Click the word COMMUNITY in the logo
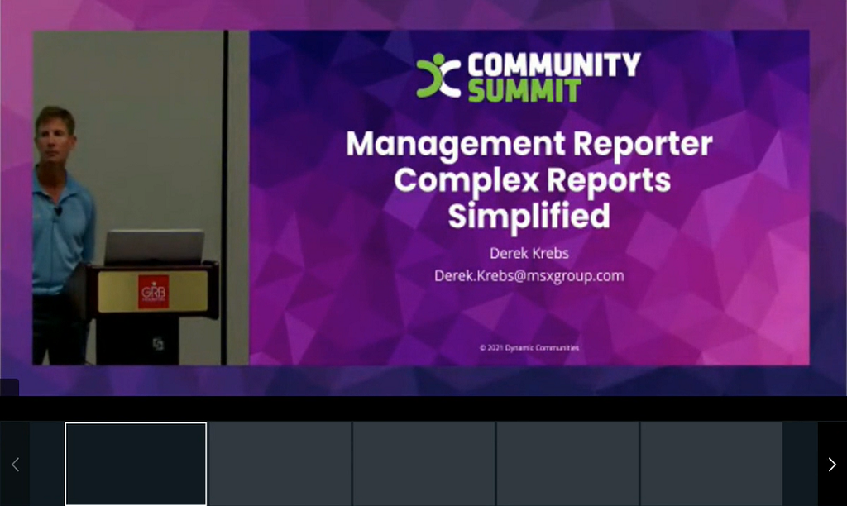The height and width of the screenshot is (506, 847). [553, 64]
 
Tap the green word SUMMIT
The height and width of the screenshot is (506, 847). [524, 90]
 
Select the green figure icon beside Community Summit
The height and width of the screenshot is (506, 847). [438, 76]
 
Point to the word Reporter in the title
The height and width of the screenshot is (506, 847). [642, 144]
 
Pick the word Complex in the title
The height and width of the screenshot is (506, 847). [462, 179]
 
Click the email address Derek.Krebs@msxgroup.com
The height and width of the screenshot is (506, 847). [529, 275]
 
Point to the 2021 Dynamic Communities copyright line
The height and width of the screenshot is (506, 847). [529, 347]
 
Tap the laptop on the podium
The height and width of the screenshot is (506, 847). [154, 247]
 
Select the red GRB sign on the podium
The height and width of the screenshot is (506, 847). [153, 291]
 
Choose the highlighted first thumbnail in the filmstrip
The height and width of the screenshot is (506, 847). [136, 464]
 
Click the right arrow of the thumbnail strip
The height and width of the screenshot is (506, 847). [831, 465]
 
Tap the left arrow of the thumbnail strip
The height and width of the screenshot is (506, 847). [15, 465]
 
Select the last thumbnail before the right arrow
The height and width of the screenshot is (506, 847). [711, 464]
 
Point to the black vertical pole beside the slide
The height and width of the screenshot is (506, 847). [225, 198]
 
